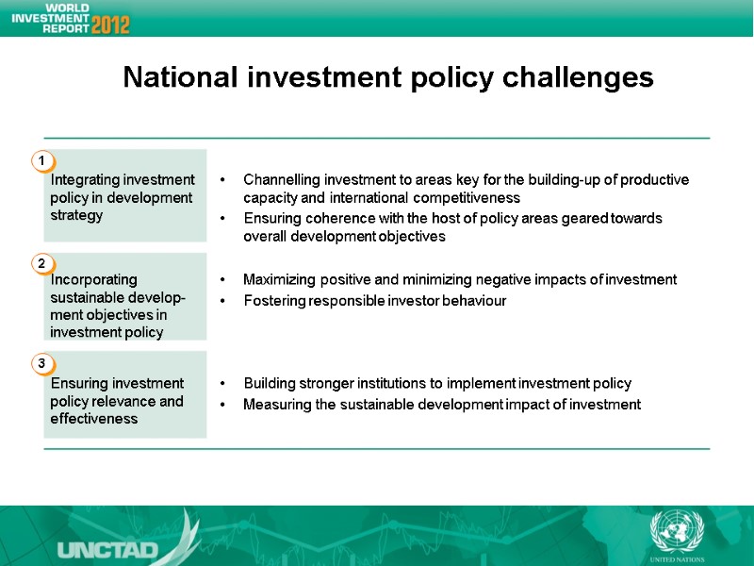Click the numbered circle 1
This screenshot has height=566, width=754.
[41, 162]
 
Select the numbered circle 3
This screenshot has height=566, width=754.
[41, 363]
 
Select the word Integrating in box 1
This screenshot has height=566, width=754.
[85, 180]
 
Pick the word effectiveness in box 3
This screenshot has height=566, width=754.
[94, 419]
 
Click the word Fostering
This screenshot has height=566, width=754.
[273, 301]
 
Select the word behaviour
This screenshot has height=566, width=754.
[471, 301]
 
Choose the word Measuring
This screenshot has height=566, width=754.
[275, 405]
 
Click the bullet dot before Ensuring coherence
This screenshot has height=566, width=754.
[221, 219]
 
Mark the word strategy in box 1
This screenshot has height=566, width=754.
[76, 215]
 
